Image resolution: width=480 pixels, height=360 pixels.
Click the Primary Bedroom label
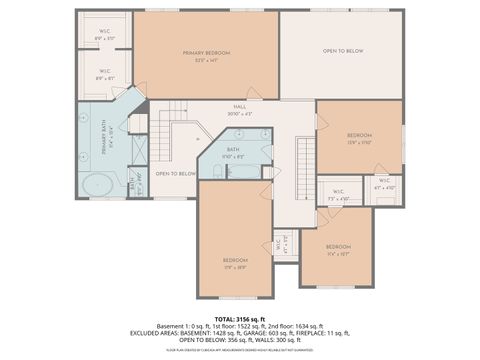206,52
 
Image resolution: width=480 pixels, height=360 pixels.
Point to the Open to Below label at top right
342,50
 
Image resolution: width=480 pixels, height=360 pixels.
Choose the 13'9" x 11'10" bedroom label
359,135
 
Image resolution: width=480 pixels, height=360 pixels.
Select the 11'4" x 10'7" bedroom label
338,246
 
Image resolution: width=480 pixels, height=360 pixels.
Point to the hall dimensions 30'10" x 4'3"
240,114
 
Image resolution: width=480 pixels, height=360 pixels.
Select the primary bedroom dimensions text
206,60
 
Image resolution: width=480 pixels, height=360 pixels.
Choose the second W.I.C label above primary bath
105,73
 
